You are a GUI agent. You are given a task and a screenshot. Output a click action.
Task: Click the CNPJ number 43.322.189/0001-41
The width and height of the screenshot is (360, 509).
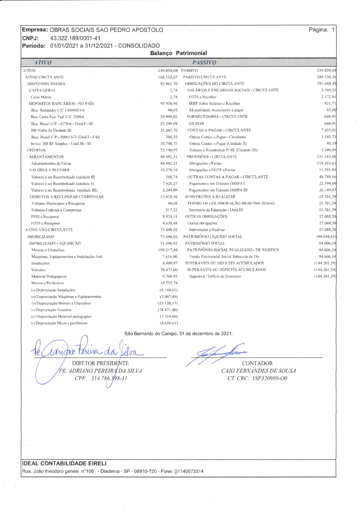(75, 38)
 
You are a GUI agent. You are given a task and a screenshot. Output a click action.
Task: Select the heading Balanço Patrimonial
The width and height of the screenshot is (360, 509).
(179, 53)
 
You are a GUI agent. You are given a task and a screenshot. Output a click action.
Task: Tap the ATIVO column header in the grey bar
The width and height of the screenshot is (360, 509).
(43, 62)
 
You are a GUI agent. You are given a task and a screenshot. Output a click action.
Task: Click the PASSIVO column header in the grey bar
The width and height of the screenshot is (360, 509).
(204, 62)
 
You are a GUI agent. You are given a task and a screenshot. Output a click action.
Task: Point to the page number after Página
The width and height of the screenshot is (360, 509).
(333, 30)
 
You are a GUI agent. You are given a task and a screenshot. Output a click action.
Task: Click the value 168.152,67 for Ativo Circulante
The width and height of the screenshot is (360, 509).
(168, 77)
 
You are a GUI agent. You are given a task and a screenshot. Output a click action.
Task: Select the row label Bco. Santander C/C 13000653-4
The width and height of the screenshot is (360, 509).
(58, 110)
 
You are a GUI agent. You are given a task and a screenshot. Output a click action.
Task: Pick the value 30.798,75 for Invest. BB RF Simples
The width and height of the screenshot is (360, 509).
(169, 144)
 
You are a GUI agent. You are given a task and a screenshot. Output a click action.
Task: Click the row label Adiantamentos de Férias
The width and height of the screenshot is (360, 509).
(51, 163)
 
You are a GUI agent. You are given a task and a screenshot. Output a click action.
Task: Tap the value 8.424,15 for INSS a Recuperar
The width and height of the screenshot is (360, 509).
(170, 217)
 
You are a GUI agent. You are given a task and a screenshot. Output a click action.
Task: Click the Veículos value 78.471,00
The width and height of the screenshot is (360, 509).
(169, 270)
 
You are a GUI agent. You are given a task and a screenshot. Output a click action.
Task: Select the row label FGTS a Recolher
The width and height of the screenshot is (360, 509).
(203, 97)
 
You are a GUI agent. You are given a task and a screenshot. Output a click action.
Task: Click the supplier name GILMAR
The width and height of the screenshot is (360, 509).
(196, 124)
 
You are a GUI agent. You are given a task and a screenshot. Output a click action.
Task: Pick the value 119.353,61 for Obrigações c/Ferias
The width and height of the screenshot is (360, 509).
(326, 163)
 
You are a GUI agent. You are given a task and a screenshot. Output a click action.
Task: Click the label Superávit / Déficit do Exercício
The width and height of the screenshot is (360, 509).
(215, 276)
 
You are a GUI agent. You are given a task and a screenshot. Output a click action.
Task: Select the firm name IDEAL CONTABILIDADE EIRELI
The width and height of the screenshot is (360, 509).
(64, 463)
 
